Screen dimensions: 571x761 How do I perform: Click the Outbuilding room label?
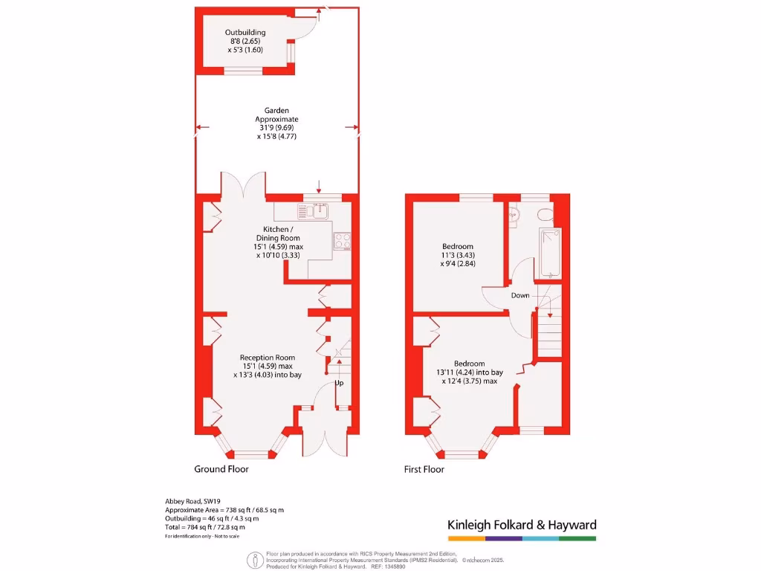tap(245, 33)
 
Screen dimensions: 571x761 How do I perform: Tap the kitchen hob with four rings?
tap(343, 241)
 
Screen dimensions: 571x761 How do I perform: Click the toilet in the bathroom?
tap(545, 215)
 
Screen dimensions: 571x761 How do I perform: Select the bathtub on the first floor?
tap(551, 252)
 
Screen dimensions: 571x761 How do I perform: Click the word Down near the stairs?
tap(520, 296)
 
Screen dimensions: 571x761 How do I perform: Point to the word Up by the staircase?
tap(340, 384)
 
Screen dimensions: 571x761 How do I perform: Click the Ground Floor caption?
tap(221, 469)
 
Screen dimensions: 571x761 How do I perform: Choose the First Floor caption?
tap(424, 469)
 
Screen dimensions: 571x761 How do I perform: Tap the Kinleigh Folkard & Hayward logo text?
tap(522, 525)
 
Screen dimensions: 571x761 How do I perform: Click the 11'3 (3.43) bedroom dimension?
tap(458, 255)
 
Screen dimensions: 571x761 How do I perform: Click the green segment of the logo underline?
tap(577, 538)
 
